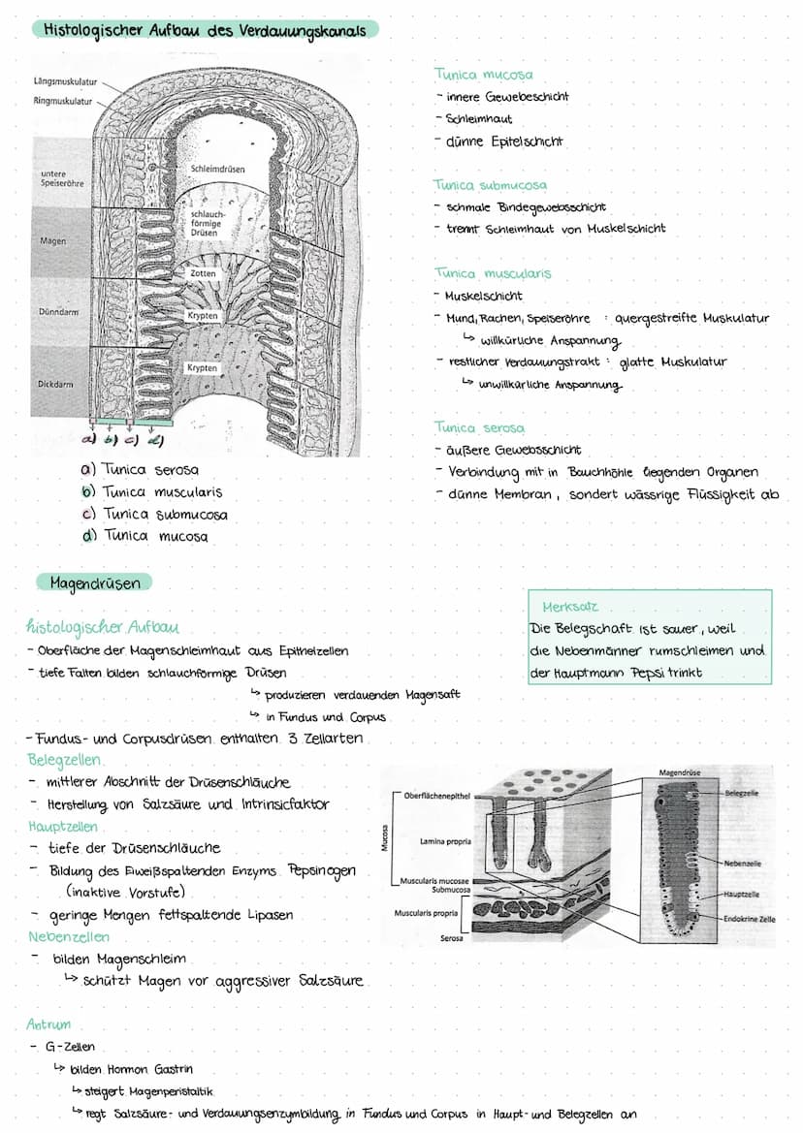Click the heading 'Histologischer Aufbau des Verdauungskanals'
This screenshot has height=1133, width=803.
tap(205, 31)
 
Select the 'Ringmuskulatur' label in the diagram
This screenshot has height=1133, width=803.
tap(63, 101)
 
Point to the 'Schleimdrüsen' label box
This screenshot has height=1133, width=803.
tap(218, 169)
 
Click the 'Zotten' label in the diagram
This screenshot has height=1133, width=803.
tap(204, 274)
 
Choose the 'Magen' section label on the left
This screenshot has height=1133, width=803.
tap(53, 240)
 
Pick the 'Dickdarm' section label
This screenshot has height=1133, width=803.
tap(56, 384)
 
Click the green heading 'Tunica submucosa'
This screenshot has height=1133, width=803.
tap(490, 184)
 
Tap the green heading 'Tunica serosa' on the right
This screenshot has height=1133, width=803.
tap(479, 427)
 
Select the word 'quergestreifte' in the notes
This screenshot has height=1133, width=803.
tap(655, 318)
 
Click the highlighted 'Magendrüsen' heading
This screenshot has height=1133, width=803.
tap(95, 582)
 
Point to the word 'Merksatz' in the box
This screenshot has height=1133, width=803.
tap(570, 607)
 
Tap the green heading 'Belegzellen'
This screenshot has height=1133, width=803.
tap(64, 760)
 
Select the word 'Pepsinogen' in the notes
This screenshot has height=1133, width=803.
tap(322, 869)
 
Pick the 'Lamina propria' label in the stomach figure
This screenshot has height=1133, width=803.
tap(445, 841)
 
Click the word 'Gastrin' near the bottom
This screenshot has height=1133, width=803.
tap(174, 1069)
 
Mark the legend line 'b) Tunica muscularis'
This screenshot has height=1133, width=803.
tap(153, 491)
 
